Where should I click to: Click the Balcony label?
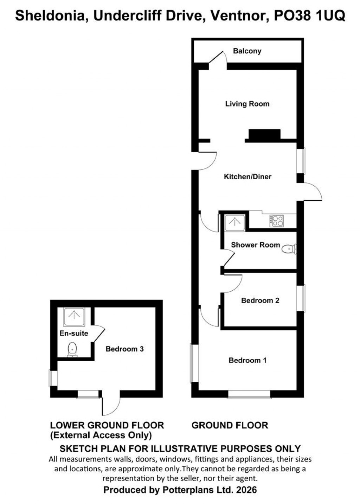[247, 51]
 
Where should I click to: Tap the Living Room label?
[247, 104]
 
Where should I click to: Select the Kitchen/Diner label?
[247, 176]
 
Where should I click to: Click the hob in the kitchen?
[277, 221]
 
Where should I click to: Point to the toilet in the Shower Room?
[289, 249]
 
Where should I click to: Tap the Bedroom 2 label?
[260, 301]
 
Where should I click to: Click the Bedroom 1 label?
[247, 360]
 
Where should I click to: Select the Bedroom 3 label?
[124, 349]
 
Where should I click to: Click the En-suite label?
[74, 333]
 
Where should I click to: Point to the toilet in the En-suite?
[72, 349]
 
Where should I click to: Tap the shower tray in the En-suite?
[74, 317]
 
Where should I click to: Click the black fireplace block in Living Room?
[264, 134]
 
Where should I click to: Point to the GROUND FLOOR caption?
[230, 425]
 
